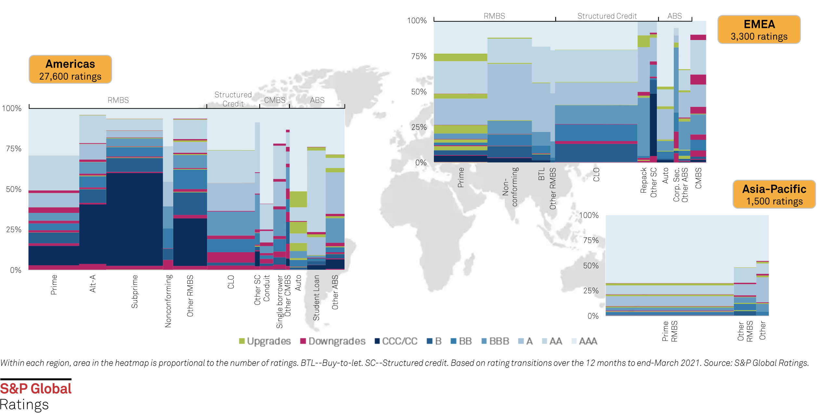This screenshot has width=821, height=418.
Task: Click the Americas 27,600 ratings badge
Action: pos(70,70)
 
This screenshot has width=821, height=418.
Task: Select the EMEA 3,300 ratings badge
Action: pos(759,30)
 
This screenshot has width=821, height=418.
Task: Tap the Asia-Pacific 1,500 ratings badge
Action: pos(774,195)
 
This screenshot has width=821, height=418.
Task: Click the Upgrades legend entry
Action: pos(265,341)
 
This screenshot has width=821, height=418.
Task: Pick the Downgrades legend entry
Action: pos(333,341)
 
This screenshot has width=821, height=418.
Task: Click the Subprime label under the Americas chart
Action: pos(135,292)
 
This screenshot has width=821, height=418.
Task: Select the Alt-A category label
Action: pos(93,283)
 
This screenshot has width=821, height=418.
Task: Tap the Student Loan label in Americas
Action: pos(316,298)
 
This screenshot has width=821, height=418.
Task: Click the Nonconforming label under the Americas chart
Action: pos(168,301)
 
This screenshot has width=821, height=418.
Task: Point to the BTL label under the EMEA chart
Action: pos(541,174)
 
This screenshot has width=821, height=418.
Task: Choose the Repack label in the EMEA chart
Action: pos(644,180)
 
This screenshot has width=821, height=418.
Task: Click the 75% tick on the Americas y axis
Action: pos(14,149)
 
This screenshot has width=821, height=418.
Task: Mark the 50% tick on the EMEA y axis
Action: pos(419,92)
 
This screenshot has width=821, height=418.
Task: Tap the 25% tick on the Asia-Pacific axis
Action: pos(591,291)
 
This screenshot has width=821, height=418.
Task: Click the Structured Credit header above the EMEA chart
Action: pos(607,16)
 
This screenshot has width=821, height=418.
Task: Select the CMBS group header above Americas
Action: pos(275,100)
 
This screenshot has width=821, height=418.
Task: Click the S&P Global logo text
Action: pos(36,389)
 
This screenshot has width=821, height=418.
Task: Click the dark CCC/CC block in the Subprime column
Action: pos(135,219)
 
